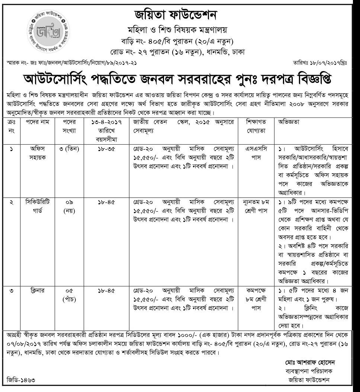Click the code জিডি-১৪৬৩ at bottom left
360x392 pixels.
click(x=24, y=380)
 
